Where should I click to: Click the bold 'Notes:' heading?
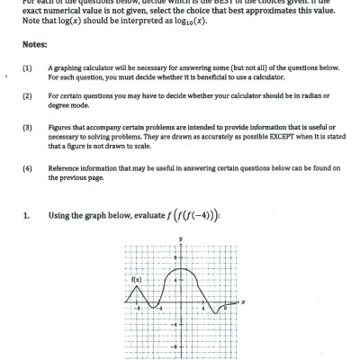[34, 44]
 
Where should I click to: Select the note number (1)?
[27, 67]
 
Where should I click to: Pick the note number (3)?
[27, 128]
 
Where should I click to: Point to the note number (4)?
[27, 168]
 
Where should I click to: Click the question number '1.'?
[28, 215]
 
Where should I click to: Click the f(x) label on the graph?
[137, 279]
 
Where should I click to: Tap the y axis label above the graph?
[180, 238]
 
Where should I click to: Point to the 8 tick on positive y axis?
[175, 257]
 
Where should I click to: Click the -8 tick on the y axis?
[175, 346]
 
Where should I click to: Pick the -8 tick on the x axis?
[138, 308]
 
